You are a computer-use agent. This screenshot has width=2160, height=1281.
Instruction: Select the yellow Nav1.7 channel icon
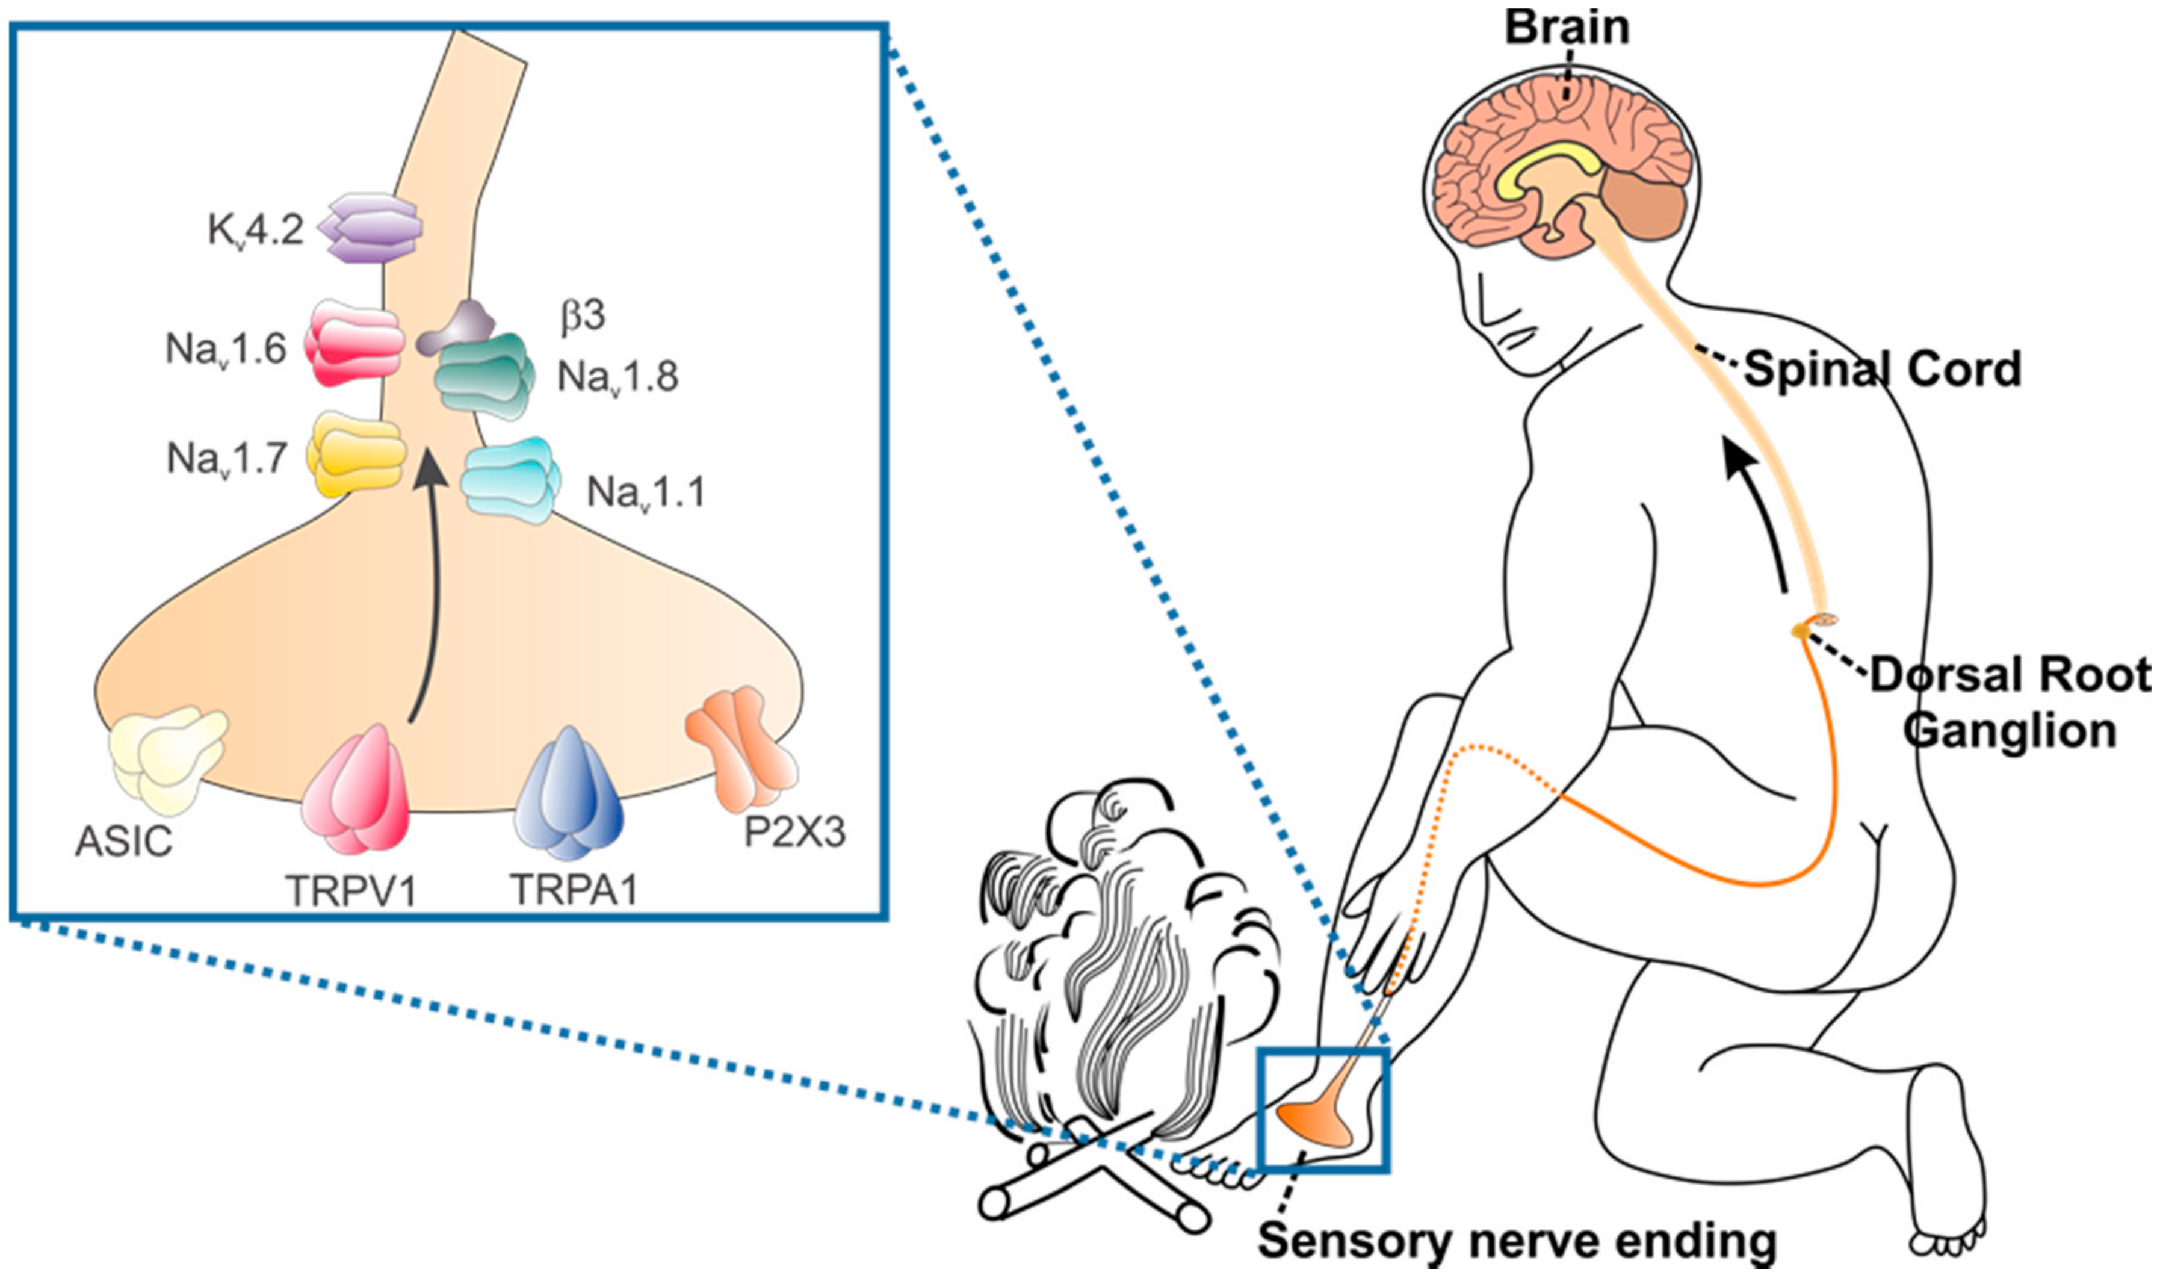[x=356, y=453]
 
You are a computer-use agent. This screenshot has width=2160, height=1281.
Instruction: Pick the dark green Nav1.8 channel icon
[x=481, y=376]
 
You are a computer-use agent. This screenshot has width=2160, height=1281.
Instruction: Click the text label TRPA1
[x=574, y=889]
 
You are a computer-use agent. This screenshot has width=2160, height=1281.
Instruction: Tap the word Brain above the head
[x=1566, y=28]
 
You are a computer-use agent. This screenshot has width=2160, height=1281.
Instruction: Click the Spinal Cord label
[x=1881, y=370]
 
